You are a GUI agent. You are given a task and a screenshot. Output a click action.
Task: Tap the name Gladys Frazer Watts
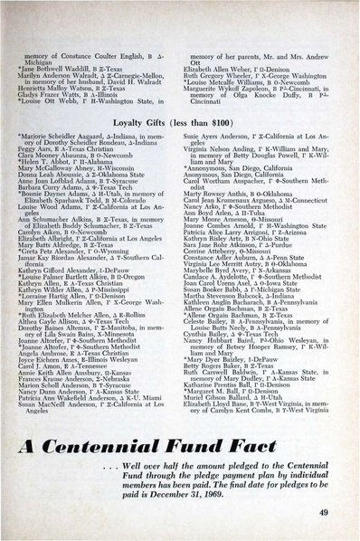(46, 66)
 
